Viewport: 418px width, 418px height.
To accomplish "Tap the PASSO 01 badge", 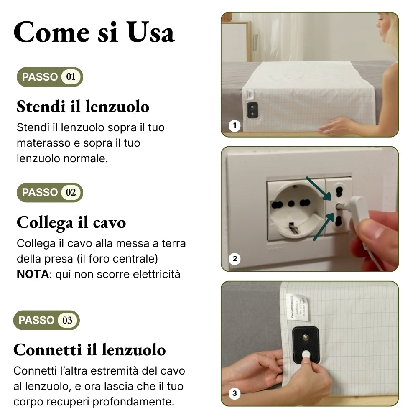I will [x=50, y=77].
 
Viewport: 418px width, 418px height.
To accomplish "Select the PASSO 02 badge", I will [x=50, y=192].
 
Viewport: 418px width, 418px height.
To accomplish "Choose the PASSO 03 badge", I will [x=46, y=320].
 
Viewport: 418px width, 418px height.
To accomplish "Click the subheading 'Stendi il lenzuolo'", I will [x=83, y=107].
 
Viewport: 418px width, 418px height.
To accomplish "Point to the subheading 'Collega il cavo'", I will [x=71, y=222].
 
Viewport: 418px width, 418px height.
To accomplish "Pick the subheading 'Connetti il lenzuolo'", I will [x=89, y=349].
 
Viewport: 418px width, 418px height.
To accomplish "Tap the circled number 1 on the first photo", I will [x=234, y=125].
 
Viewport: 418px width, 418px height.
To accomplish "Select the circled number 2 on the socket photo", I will [x=234, y=259].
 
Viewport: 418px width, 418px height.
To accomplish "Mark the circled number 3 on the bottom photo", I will [x=234, y=393].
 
